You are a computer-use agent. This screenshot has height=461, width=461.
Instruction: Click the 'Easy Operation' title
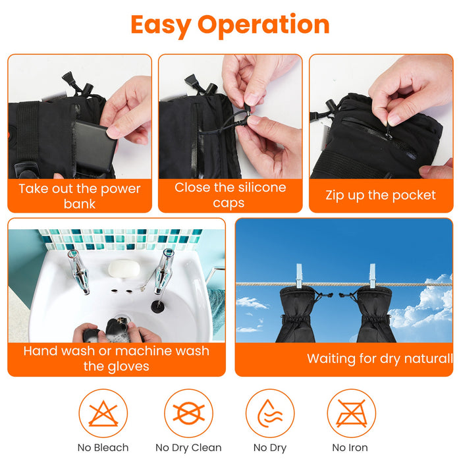pyautogui.click(x=230, y=25)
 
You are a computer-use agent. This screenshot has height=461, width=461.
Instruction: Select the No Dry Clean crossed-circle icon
pyautogui.click(x=188, y=413)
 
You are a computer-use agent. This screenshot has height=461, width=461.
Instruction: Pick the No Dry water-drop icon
pyautogui.click(x=270, y=413)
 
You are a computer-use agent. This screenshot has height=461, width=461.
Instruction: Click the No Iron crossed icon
pyautogui.click(x=351, y=413)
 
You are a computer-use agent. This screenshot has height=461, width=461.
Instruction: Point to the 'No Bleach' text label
pyautogui.click(x=103, y=447)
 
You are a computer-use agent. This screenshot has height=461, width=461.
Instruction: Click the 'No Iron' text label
pyautogui.click(x=350, y=447)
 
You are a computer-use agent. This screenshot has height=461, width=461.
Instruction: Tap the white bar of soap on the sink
pyautogui.click(x=124, y=269)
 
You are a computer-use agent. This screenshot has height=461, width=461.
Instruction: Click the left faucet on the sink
pyautogui.click(x=78, y=271)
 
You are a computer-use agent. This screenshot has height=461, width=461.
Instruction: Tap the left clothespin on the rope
pyautogui.click(x=299, y=276)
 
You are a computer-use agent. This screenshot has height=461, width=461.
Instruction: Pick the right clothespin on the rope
pyautogui.click(x=372, y=276)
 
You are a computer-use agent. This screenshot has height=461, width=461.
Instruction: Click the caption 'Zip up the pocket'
pyautogui.click(x=381, y=195)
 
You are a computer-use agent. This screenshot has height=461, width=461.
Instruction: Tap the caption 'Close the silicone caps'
pyautogui.click(x=230, y=195)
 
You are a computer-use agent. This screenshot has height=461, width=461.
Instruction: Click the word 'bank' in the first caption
pyautogui.click(x=80, y=203)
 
